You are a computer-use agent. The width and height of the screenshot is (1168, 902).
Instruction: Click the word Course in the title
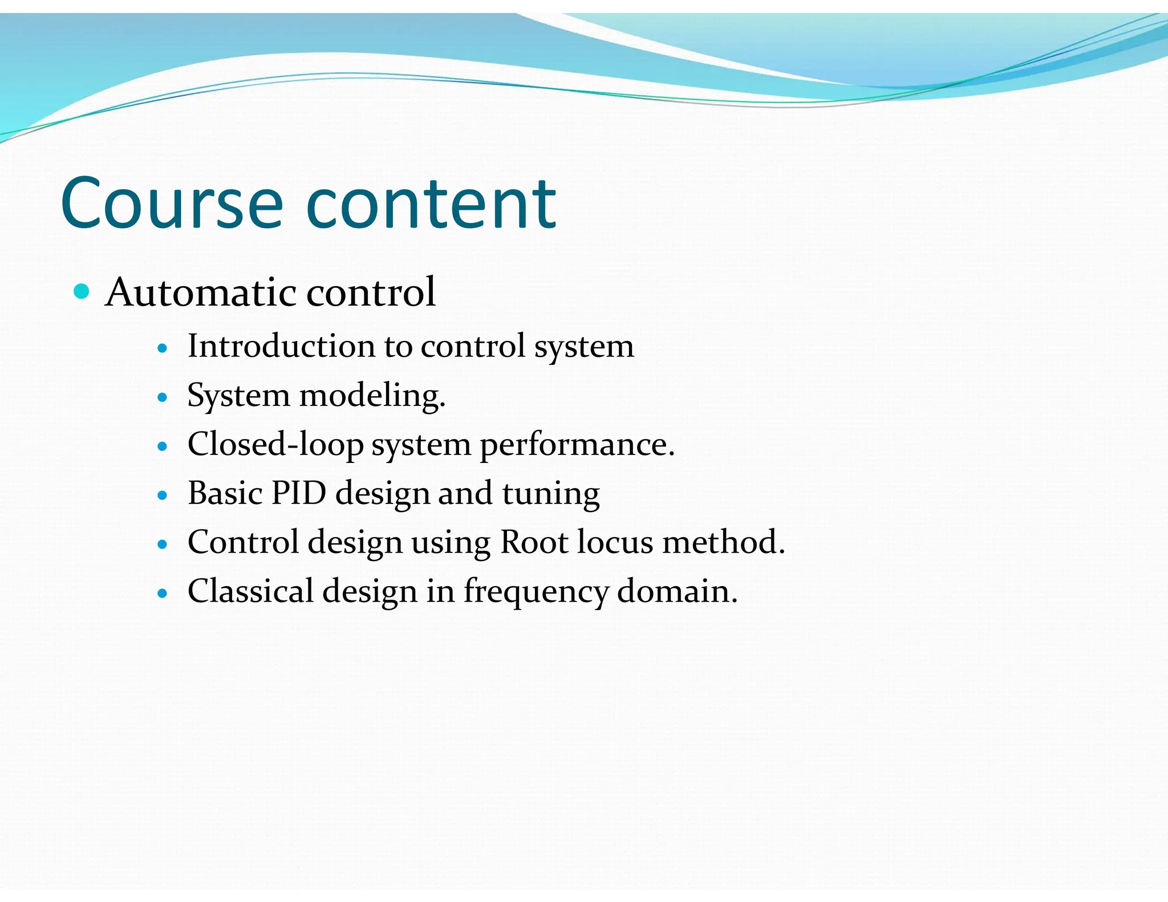coord(171,204)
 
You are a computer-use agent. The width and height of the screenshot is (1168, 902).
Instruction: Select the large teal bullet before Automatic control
coord(82,291)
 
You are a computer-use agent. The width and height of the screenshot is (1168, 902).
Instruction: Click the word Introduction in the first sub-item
coord(281,346)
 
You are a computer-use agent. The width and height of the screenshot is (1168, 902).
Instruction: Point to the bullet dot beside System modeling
coord(163,397)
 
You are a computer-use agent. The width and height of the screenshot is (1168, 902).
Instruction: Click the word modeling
coord(372,395)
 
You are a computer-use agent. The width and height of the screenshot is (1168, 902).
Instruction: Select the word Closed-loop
coord(275,444)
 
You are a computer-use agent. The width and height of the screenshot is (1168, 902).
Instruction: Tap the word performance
coord(577,445)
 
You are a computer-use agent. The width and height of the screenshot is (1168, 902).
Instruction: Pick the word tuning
coord(551,494)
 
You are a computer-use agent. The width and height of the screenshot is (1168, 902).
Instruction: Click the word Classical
coord(250,591)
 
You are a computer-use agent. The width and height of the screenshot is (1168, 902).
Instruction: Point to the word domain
coord(677,591)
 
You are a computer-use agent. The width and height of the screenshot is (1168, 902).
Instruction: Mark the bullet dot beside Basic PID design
coord(163,495)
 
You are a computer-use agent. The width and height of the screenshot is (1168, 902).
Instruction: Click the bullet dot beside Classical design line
coord(163,593)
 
